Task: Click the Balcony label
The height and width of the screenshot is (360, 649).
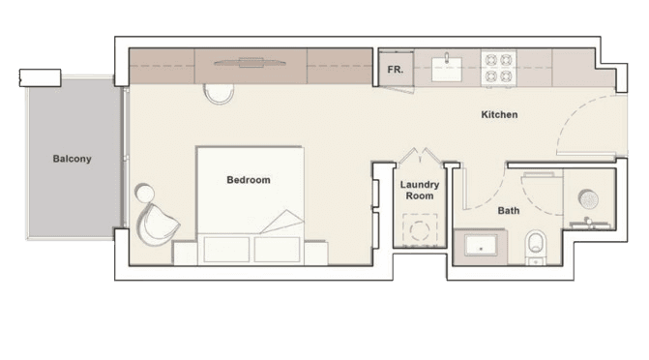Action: (72, 159)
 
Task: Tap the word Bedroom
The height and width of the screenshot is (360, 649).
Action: (249, 180)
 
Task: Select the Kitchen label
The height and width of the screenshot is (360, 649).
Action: (499, 114)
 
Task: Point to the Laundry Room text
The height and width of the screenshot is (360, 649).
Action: (420, 190)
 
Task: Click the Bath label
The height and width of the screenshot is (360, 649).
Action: (509, 210)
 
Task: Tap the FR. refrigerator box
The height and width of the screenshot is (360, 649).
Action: (397, 69)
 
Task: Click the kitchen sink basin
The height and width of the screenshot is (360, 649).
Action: (447, 69)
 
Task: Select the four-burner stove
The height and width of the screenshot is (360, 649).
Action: (498, 68)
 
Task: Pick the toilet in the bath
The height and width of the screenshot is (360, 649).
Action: (536, 248)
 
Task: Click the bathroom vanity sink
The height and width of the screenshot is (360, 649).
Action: (481, 246)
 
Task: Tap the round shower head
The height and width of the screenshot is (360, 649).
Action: (588, 199)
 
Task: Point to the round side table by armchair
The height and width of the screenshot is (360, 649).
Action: (144, 193)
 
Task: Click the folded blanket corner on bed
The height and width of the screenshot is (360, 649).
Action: (282, 222)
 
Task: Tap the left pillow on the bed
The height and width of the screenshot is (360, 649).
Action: (226, 250)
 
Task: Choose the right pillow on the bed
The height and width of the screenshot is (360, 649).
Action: (277, 250)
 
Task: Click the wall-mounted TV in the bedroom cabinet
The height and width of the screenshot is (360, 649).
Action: (250, 63)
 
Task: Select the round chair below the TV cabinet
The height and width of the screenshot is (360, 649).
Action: (219, 94)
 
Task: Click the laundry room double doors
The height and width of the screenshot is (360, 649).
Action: (420, 157)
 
